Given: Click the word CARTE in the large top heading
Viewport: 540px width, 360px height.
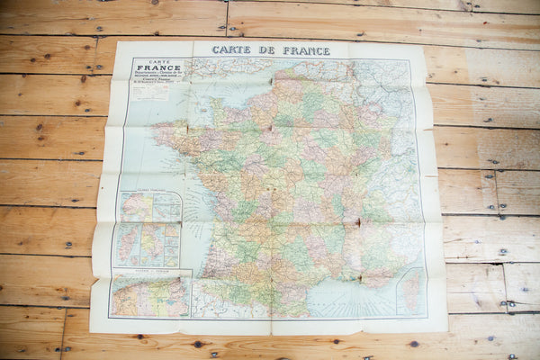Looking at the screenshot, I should pyautogui.click(x=230, y=50).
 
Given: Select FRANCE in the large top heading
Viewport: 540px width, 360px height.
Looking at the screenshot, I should pyautogui.click(x=306, y=50).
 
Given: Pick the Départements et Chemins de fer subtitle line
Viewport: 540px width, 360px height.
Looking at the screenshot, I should pyautogui.click(x=158, y=76).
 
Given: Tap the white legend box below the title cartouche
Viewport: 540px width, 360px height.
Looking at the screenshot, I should pyautogui.click(x=150, y=92).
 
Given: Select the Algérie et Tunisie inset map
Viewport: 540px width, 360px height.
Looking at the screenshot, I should pyautogui.click(x=149, y=298).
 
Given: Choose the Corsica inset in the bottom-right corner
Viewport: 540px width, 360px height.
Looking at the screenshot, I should pyautogui.click(x=410, y=291).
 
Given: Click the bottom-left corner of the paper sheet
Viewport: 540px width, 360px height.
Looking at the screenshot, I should pyautogui.click(x=91, y=331).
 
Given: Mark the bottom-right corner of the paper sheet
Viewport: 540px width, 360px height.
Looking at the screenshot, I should pyautogui.click(x=446, y=329).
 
